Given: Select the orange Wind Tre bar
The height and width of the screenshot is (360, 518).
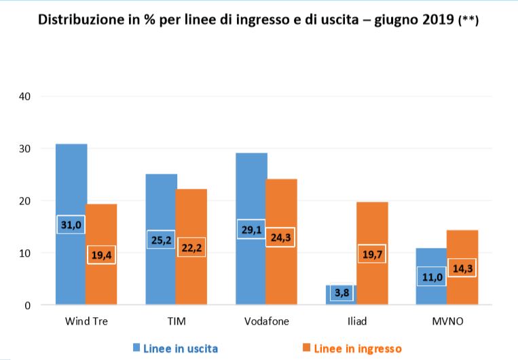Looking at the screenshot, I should coord(101,224).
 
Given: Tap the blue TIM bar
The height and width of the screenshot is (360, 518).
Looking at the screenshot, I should coord(160,204).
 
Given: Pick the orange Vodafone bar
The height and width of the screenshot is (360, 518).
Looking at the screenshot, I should coord(281,204).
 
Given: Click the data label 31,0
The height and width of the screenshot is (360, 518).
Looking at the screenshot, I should coord(71,224).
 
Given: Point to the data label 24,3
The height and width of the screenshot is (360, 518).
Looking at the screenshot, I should coord(281,237).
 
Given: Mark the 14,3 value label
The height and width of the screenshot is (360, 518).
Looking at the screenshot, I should coord(462,268).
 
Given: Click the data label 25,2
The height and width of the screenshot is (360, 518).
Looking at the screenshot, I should coord(160,240).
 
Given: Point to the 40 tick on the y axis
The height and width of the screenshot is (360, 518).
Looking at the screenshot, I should coord(25,96).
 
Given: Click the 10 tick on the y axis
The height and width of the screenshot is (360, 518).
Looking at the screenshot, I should coord(25,253).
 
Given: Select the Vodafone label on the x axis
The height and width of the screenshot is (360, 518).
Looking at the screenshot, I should coord(266,321).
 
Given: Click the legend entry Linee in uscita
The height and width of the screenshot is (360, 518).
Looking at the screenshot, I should coord(180,348).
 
